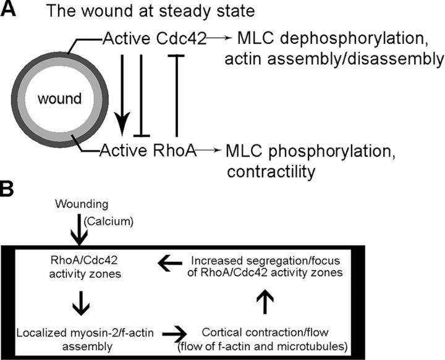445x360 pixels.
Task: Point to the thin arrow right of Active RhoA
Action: (210, 149)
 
